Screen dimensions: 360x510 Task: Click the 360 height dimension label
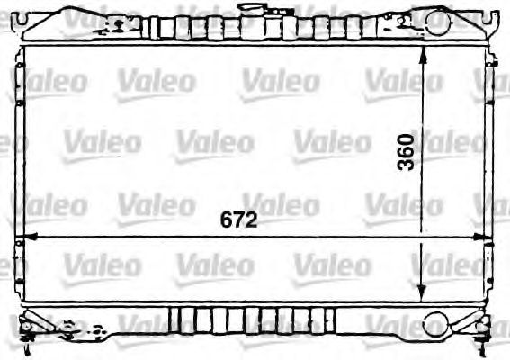(406, 153)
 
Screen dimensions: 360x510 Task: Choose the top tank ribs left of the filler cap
(193, 24)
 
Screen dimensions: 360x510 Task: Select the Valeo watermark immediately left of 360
(331, 142)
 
